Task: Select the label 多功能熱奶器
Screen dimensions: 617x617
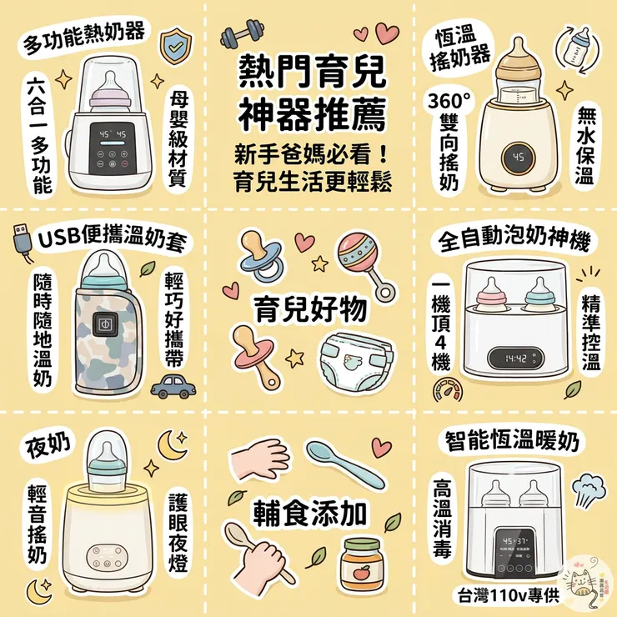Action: tap(85, 34)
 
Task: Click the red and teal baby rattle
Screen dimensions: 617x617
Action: tap(362, 255)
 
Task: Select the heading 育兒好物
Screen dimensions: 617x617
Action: tap(309, 309)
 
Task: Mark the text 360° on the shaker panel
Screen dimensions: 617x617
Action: tap(449, 103)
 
